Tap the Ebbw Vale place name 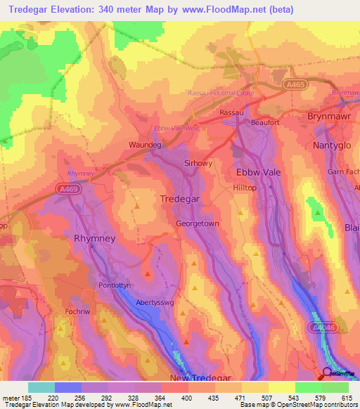[x=258, y=171]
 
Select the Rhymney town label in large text [x=94, y=238]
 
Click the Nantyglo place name [x=331, y=144]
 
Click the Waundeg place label [x=146, y=145]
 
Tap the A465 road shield [x=296, y=84]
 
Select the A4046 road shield [x=322, y=327]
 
